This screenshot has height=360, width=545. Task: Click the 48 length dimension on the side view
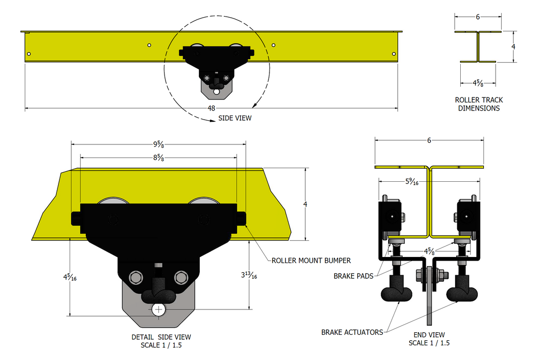(211, 109)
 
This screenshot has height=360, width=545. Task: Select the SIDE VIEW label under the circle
(235, 118)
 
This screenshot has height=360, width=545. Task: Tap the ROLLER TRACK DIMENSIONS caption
(479, 104)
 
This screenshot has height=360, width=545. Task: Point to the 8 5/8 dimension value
(158, 158)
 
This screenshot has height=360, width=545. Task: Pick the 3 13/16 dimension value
(249, 275)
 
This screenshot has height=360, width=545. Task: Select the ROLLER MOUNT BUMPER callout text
(311, 261)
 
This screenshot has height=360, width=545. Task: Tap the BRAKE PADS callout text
(354, 276)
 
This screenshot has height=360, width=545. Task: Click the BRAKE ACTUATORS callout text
(352, 332)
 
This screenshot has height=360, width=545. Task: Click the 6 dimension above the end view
(429, 141)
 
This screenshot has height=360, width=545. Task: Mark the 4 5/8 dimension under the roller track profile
(477, 83)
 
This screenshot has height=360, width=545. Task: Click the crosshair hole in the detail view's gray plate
(159, 308)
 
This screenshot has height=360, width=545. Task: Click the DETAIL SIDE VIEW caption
(161, 337)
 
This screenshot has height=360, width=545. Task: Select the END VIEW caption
(429, 335)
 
